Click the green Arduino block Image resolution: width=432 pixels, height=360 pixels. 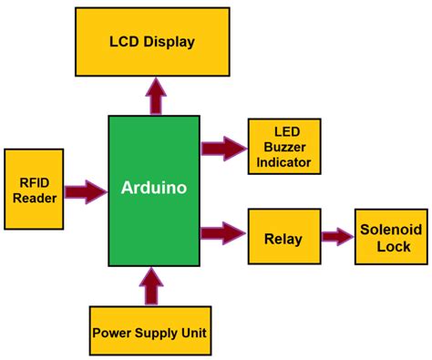point(153,228)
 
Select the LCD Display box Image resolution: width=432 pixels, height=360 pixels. point(152,43)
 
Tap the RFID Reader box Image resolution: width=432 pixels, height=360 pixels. point(34,189)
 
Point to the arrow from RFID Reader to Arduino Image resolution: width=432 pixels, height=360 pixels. point(85,191)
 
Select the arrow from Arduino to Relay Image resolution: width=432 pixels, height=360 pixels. point(223,232)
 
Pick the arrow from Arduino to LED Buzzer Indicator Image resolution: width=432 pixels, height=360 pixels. point(223,145)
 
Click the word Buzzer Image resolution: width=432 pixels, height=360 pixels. point(284,148)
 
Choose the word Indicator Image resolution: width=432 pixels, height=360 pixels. point(284,162)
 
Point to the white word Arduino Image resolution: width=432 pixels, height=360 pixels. point(153,189)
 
